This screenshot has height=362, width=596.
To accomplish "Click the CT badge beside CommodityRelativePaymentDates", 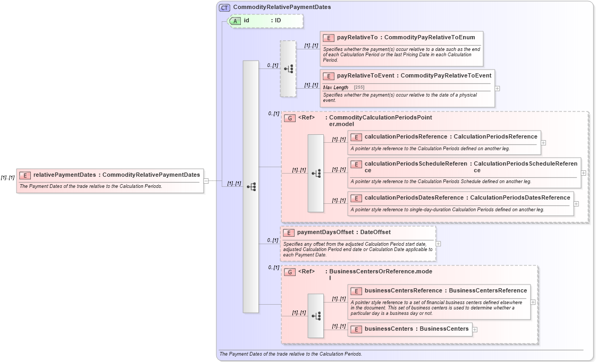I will point(225,7).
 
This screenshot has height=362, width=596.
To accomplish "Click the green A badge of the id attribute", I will point(235,21).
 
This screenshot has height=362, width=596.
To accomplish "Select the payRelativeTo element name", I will point(357,38).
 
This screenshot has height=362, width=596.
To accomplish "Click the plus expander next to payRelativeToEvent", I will point(497,89).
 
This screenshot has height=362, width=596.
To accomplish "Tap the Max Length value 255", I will point(359,88).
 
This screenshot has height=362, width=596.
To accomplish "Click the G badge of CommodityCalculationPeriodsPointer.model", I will point(290,118).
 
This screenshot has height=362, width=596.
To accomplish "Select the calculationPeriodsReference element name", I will point(406,137).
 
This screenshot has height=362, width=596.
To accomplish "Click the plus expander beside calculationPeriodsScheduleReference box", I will point(584,173).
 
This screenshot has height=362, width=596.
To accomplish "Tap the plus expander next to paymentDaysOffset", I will point(438,244).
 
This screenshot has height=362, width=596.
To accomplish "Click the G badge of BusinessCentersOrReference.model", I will point(290,272).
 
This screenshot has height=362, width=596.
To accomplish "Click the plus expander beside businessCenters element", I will point(475,329).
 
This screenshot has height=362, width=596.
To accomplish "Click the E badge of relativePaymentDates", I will point(25,175).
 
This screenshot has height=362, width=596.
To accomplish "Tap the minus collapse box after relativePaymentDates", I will point(206,181).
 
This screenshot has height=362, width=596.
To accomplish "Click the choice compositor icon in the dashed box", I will point(288,69).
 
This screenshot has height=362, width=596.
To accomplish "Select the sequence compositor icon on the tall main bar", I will point(251,187).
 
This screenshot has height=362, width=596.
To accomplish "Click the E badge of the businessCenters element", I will point(356,329).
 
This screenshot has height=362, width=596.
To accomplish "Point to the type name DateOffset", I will point(375,232).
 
